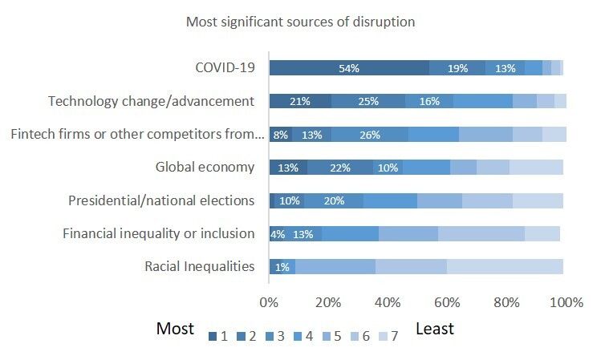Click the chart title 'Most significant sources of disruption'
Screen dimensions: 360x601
301,22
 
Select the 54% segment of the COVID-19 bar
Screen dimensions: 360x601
349,68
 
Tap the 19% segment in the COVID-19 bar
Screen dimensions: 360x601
457,68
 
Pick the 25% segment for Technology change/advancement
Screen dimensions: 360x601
368,101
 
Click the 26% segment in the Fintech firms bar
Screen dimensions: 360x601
369,135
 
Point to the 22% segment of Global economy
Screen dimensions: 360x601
339,168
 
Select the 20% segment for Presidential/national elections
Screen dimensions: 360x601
333,200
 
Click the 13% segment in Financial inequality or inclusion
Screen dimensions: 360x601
303,234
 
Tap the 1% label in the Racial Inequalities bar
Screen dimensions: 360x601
282,267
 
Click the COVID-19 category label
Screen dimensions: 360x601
225,68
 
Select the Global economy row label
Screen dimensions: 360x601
205,168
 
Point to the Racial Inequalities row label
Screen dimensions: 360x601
200,267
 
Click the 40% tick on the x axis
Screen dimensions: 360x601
388,302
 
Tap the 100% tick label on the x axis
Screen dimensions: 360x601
566,302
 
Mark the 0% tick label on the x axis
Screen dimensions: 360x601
269,302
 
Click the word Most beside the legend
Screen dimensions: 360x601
175,329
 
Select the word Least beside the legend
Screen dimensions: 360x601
435,329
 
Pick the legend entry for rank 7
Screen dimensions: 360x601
387,337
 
